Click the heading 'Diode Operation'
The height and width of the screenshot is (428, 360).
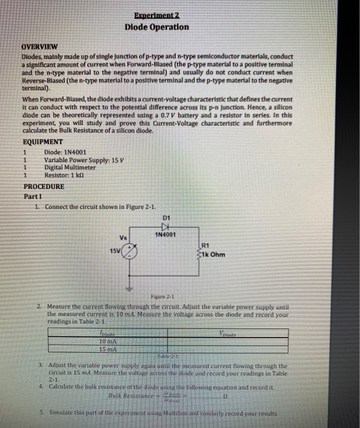tap(156, 27)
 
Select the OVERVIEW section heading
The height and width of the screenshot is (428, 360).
tap(40, 46)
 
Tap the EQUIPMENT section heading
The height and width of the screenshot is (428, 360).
tap(42, 142)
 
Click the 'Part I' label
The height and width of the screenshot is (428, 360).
tap(32, 196)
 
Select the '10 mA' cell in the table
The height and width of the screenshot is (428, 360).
tap(111, 341)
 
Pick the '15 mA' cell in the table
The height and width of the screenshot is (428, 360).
tap(111, 349)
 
